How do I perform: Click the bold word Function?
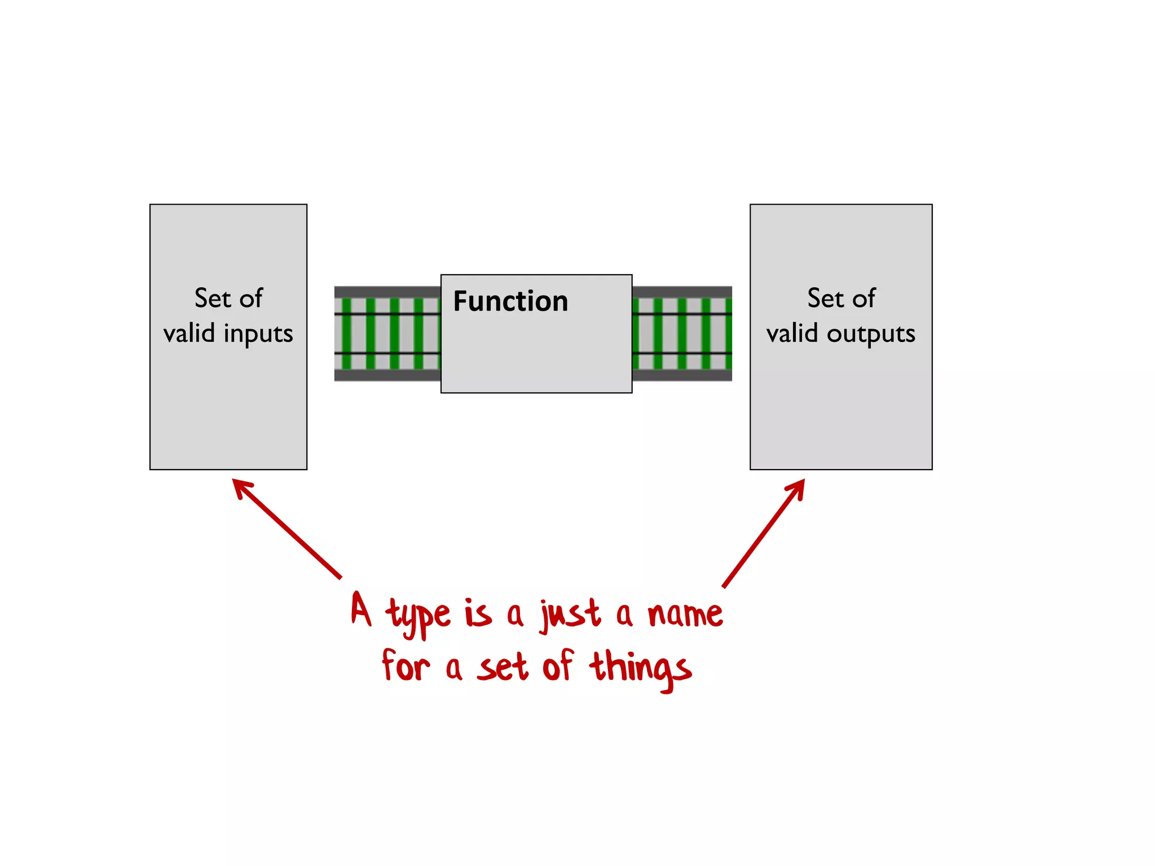(510, 301)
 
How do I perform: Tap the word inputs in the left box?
(258, 334)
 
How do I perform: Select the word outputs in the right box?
(871, 334)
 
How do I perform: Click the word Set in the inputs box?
(213, 298)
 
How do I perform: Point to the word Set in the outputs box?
(826, 298)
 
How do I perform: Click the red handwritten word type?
(418, 616)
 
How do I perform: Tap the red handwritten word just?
(570, 615)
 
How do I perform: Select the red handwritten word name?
(685, 614)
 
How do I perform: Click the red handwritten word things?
(640, 669)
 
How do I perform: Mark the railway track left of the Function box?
(387, 334)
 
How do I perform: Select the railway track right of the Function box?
(682, 334)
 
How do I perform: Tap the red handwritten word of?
(558, 666)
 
